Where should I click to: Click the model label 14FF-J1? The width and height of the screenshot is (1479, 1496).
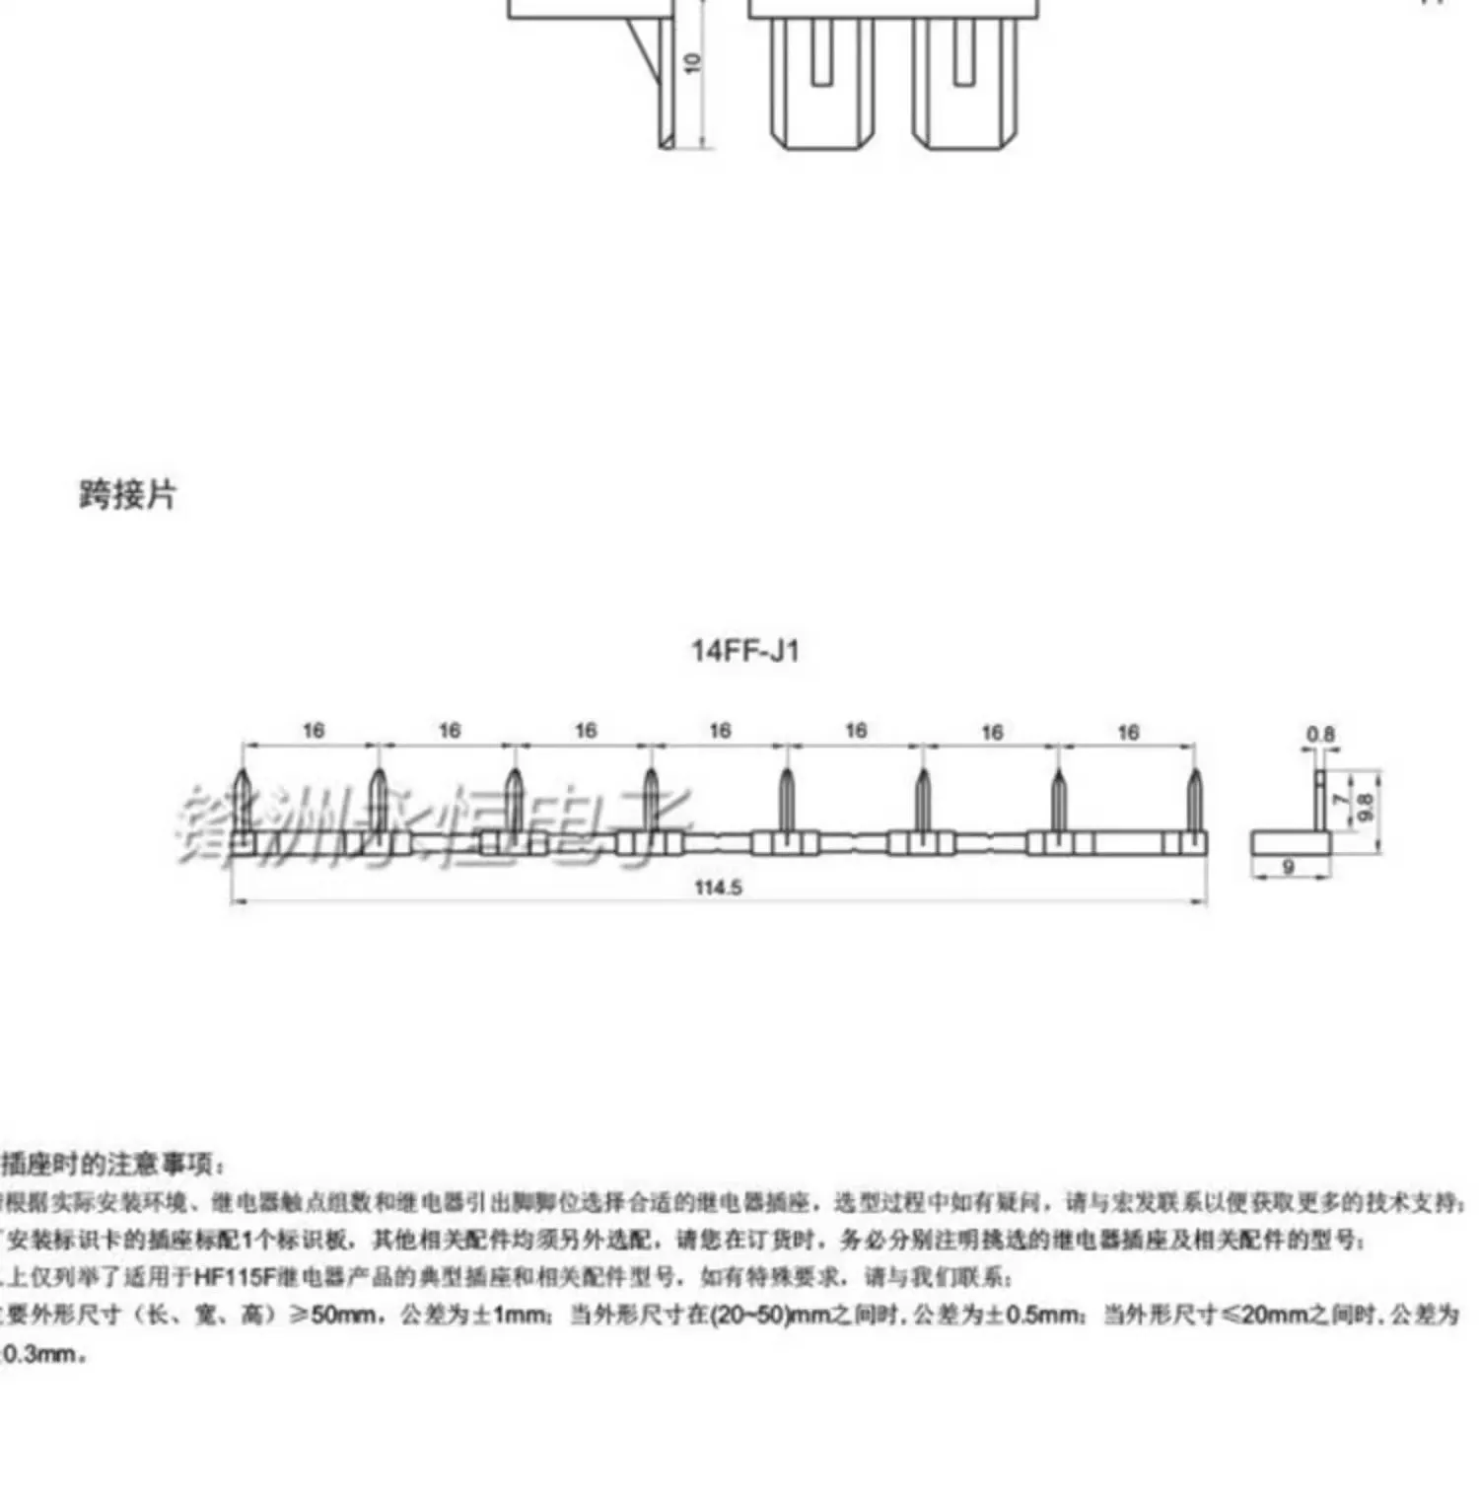744,651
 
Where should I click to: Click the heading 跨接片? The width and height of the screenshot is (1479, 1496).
127,494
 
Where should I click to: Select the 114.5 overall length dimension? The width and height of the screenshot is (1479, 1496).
718,888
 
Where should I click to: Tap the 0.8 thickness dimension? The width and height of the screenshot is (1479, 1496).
1320,735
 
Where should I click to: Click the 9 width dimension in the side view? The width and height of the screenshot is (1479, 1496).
1288,867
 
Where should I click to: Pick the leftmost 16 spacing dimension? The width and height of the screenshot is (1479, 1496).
313,731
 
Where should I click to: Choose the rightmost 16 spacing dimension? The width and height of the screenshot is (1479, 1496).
1128,732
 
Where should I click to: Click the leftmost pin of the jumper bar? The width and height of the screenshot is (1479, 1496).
244,800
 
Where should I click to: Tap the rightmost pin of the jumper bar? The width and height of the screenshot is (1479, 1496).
1194,800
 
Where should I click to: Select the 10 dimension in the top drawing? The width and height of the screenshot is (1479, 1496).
693,62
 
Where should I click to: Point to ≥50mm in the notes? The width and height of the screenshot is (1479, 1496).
339,1315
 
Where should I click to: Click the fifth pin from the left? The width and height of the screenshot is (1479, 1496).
786,800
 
